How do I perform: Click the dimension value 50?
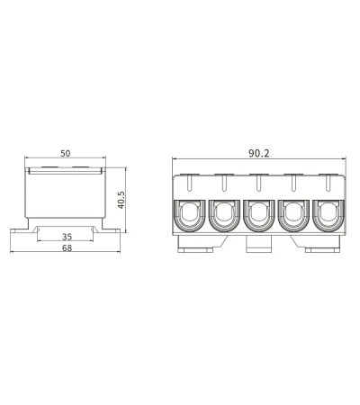[66, 153]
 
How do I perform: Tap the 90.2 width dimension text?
[259, 153]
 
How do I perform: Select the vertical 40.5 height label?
[121, 200]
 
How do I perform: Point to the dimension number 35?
[67, 237]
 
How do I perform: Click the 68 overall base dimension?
[67, 248]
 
